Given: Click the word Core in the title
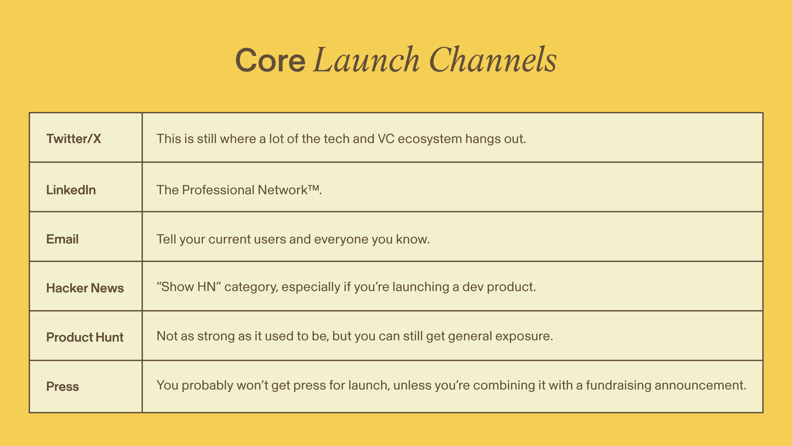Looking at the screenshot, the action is (x=270, y=60).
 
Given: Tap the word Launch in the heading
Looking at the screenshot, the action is (x=367, y=59).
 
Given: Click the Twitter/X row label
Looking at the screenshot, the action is (x=74, y=139).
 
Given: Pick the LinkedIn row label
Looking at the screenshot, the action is (x=71, y=190).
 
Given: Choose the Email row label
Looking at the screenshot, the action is (x=62, y=239).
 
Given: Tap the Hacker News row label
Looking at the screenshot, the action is (x=85, y=288).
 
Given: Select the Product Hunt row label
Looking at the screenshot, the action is (x=85, y=337).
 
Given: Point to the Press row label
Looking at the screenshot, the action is (x=63, y=387).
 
